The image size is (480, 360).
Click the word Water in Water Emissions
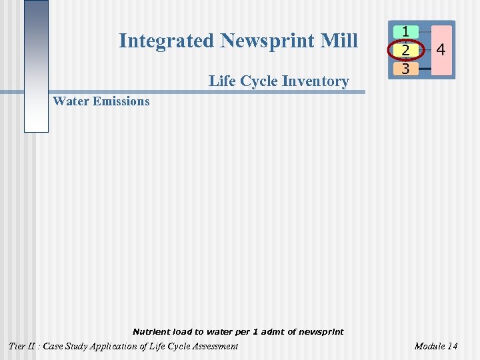click(71, 101)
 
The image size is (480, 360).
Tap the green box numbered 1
click(406, 32)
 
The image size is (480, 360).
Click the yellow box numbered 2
click(406, 50)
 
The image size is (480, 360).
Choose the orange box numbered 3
click(406, 68)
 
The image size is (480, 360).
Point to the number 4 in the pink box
click(441, 50)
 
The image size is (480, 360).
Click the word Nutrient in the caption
click(151, 331)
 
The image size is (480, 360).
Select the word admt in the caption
click(272, 331)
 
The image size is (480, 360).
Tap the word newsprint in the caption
click(321, 331)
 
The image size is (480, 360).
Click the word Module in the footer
click(429, 346)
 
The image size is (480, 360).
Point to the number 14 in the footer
click(452, 346)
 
